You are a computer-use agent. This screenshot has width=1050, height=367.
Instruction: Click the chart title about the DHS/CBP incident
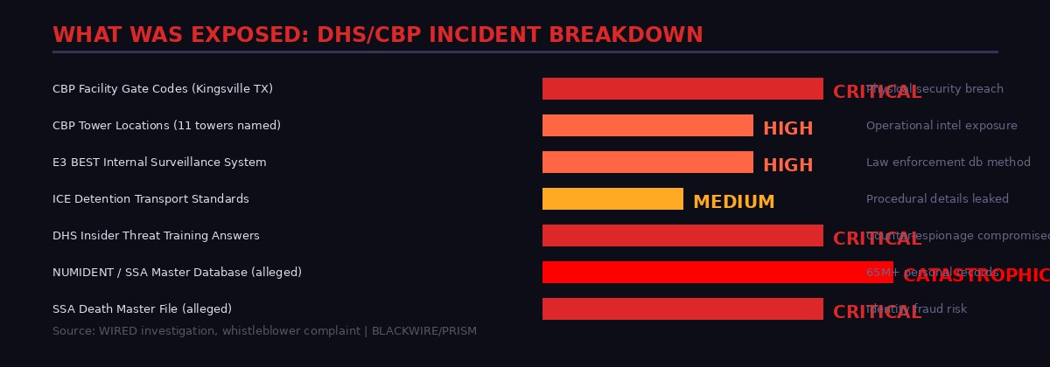377,35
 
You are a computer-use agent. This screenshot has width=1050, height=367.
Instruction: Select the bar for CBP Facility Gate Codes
682,89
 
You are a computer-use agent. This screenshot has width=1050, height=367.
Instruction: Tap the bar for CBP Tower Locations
647,126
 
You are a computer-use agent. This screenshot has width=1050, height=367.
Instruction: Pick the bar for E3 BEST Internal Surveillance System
647,163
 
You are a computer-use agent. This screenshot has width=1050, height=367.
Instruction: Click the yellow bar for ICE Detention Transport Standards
612,199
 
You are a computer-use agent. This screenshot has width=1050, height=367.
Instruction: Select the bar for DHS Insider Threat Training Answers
682,236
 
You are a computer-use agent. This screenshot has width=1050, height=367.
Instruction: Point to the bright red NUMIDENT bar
717,273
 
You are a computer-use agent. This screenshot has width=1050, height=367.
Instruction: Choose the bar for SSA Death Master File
682,309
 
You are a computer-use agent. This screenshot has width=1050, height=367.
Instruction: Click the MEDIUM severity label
733,203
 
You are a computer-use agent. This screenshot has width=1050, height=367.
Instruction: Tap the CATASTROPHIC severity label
976,276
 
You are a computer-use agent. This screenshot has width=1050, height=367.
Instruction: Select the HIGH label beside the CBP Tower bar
787,129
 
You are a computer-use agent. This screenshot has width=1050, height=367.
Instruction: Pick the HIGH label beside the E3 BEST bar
787,166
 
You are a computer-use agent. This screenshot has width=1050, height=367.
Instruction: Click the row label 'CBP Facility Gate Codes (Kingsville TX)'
163,89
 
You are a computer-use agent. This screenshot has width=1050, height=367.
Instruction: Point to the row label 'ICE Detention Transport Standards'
150,199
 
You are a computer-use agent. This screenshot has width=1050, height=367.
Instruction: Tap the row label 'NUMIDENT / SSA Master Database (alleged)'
177,273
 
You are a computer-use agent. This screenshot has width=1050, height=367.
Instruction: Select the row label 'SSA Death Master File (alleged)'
142,309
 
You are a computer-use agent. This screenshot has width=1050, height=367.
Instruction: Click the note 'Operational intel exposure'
941,126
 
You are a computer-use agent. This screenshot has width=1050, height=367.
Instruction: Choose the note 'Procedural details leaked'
937,199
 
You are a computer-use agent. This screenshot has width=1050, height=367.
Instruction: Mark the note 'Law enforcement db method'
948,163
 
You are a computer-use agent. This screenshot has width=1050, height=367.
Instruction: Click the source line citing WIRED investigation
264,332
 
